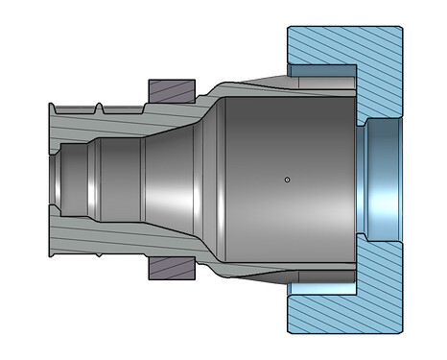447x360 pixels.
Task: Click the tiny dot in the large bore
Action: [287, 179]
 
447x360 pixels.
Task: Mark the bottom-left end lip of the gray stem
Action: [50, 254]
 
